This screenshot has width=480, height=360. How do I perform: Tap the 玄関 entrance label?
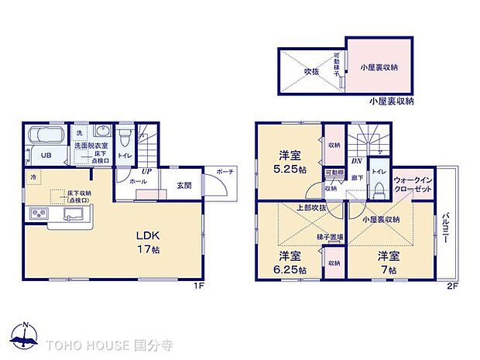tap(183, 184)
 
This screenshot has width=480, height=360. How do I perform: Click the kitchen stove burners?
tap(37, 214)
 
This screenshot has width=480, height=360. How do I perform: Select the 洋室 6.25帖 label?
tap(291, 262)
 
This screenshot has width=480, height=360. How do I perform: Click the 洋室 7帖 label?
tap(388, 262)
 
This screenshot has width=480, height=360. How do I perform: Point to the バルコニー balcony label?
tap(447, 231)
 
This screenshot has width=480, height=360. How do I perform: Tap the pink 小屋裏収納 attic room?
tap(379, 68)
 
